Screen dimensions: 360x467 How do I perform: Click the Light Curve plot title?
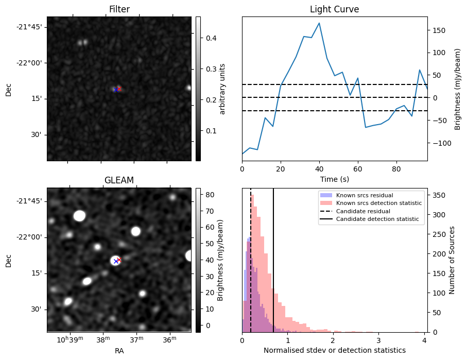click(334, 10)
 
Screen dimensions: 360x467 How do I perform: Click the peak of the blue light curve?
click(319, 23)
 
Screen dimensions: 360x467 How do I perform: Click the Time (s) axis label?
click(334, 178)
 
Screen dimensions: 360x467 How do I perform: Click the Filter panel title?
click(119, 10)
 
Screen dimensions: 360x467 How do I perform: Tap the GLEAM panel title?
click(119, 180)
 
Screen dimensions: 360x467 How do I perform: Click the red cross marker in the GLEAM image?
click(119, 260)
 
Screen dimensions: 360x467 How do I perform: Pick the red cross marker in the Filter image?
click(119, 89)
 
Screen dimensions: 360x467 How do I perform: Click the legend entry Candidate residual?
click(361, 211)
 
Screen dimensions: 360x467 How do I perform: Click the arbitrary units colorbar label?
click(222, 89)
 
